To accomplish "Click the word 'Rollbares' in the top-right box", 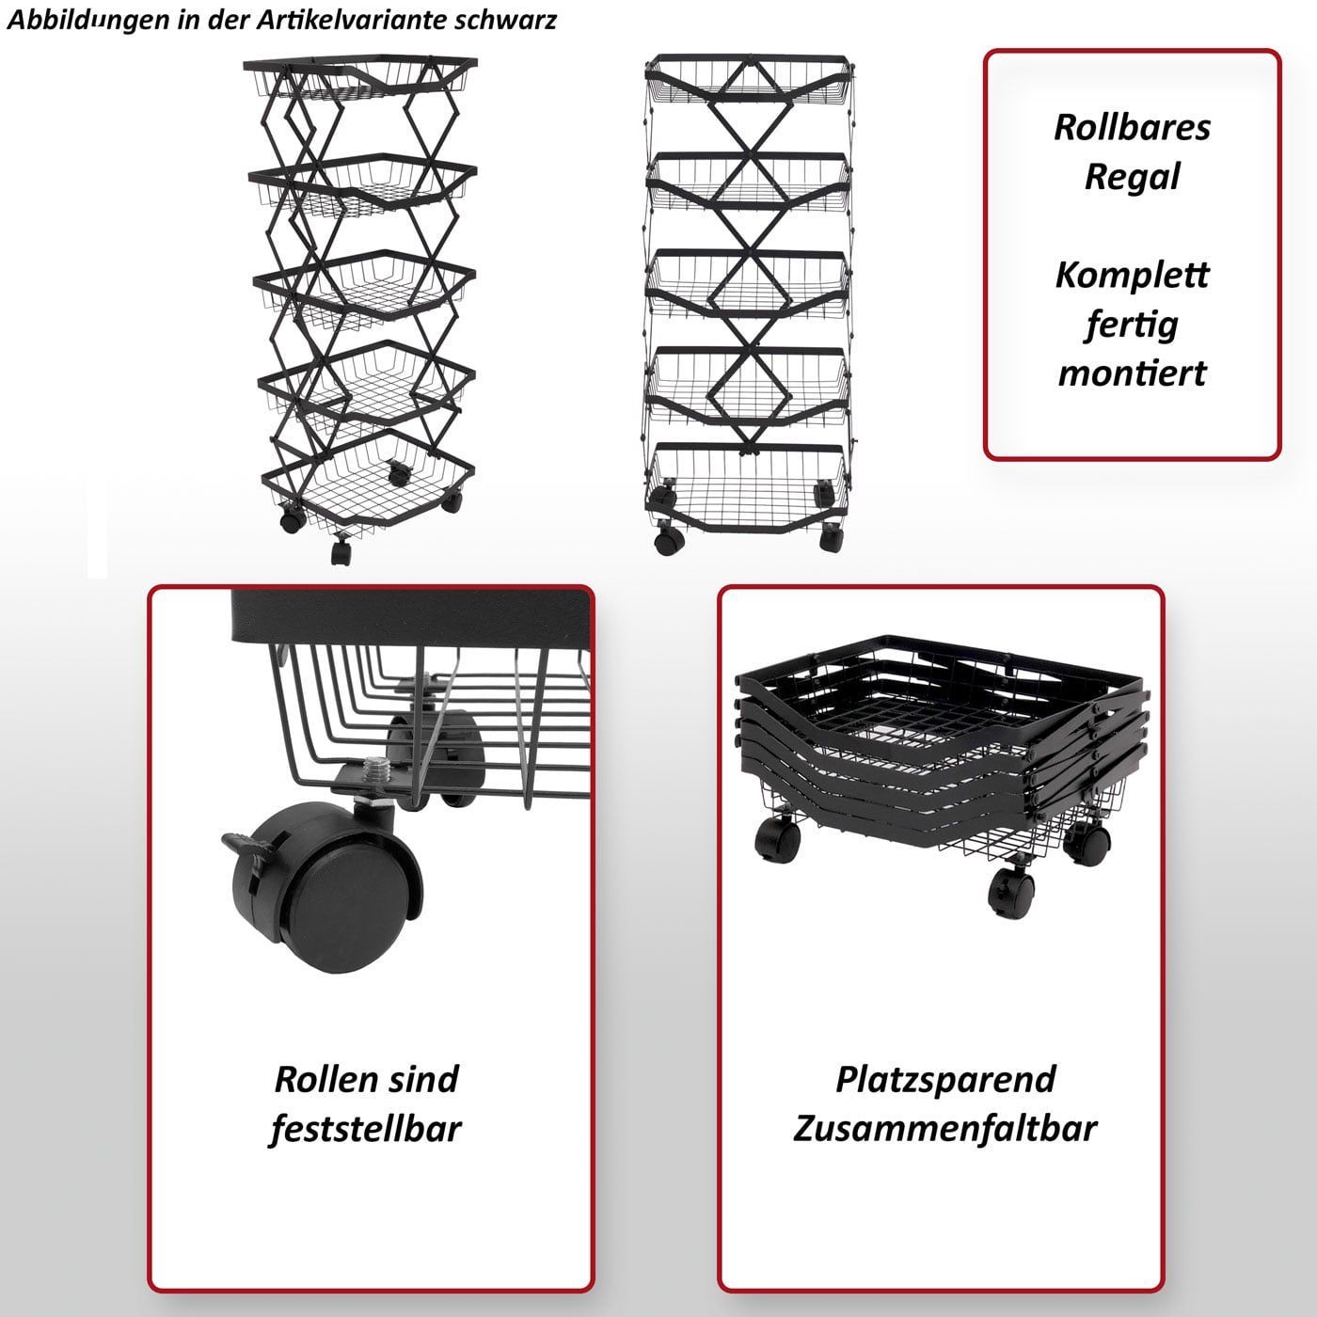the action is [x=1132, y=127].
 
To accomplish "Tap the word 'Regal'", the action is [x=1132, y=177].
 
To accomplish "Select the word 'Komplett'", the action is [x=1132, y=276].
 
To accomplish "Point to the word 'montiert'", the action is [x=1132, y=373].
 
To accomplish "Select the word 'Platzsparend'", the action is [x=945, y=1081].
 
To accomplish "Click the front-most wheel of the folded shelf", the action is [x=1011, y=891].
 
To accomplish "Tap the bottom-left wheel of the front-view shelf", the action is [x=669, y=538].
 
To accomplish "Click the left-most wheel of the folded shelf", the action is [x=777, y=838].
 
